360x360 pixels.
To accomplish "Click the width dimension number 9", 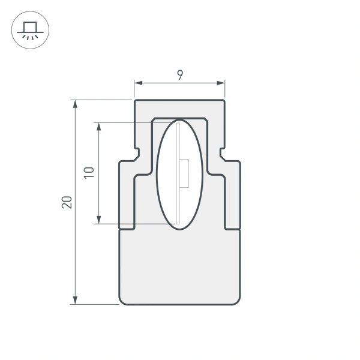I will coord(180,75).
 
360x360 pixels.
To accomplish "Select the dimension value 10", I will coord(89,173).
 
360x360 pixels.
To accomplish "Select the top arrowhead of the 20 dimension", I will coord(75,103).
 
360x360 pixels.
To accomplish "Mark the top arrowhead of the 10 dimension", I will coord(98,126).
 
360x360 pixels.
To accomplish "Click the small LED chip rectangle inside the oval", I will coord(185,173).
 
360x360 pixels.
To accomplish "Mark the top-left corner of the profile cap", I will coord(135,101).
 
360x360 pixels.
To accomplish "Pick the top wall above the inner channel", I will coord(180,109).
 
